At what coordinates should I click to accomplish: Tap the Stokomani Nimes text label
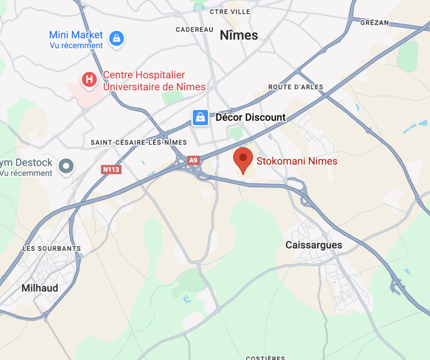coord(297,161)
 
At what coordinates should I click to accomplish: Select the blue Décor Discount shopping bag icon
coord(201,117)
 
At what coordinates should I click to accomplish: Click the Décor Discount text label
coord(250,117)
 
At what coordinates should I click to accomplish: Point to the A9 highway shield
coord(193,160)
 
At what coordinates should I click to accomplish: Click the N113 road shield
coord(111,170)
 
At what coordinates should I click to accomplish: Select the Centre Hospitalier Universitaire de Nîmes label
coord(154,81)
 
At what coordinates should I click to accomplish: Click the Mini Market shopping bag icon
coord(116,39)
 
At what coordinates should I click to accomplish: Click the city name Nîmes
coord(239,36)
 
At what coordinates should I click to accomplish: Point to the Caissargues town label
coord(314,245)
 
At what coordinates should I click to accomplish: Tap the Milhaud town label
coord(40,288)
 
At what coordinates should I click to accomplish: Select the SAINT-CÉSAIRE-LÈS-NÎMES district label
coord(139,143)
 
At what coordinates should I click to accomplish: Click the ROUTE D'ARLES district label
coord(296,87)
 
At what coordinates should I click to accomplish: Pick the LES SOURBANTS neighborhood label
coord(52,248)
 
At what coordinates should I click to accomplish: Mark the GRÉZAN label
coord(375,23)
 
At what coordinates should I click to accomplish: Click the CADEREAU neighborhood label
coord(195,29)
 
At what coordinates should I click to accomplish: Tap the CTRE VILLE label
coord(230,12)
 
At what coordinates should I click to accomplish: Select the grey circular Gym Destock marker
coord(66,165)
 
